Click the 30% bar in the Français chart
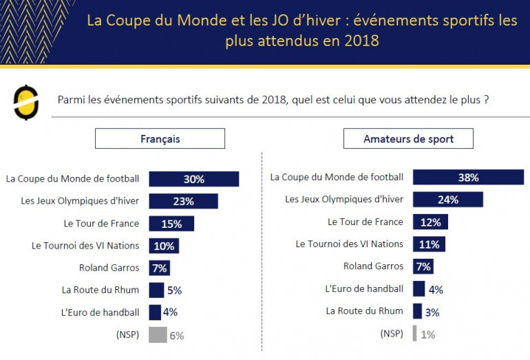[x=193, y=179]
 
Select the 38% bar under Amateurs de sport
[x=468, y=178]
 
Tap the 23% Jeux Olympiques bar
[x=183, y=201]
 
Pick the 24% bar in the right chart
[x=447, y=200]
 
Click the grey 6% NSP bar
[x=158, y=335]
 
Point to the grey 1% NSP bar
[x=414, y=334]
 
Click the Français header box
[x=160, y=139]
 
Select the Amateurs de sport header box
[x=408, y=139]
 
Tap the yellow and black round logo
[x=26, y=102]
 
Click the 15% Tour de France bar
[x=171, y=224]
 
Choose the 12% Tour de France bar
[x=430, y=222]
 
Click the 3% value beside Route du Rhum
[x=432, y=312]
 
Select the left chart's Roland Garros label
[x=109, y=268]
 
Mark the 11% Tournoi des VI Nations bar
[x=429, y=244]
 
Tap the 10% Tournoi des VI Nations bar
[x=164, y=246]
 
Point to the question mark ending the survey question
[x=486, y=100]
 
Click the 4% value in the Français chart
[x=170, y=312]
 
